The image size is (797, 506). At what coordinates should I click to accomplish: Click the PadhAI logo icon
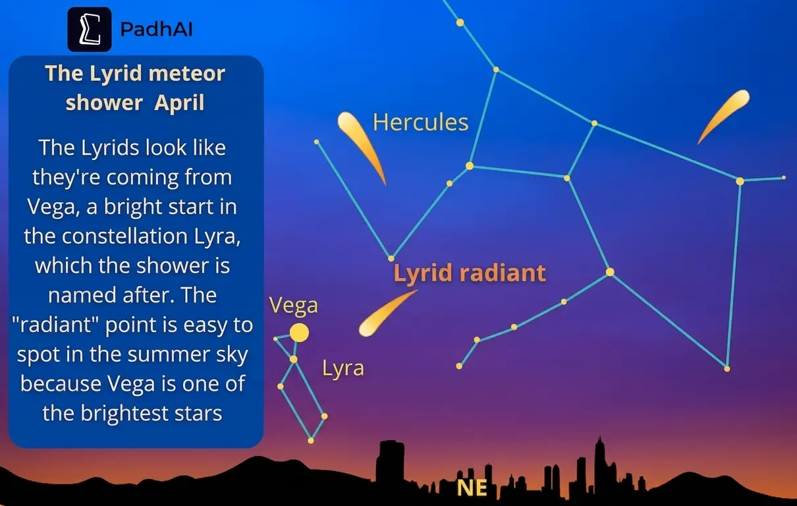tap(90, 30)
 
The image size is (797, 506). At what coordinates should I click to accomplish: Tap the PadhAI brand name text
tap(156, 30)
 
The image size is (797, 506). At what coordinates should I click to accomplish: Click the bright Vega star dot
tap(299, 333)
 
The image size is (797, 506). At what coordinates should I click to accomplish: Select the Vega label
tap(293, 305)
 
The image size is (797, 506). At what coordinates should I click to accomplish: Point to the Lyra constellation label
tap(343, 368)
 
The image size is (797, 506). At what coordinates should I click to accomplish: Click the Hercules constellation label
tap(420, 122)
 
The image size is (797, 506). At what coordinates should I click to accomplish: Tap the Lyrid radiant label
tap(470, 273)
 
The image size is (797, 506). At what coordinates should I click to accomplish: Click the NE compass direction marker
tap(472, 488)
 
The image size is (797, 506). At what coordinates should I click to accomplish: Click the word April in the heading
tap(179, 103)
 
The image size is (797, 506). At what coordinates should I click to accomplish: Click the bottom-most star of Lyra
tap(311, 440)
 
